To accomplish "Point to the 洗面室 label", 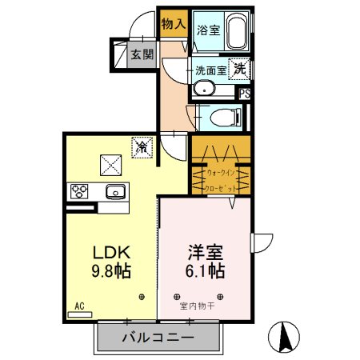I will (210, 70).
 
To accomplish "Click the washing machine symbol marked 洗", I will (239, 70).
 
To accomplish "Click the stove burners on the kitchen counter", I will (82, 192).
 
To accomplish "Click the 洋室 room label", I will (204, 250).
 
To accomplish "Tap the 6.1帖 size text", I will (205, 270).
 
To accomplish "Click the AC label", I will (79, 306).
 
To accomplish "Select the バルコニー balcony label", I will (157, 337).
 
